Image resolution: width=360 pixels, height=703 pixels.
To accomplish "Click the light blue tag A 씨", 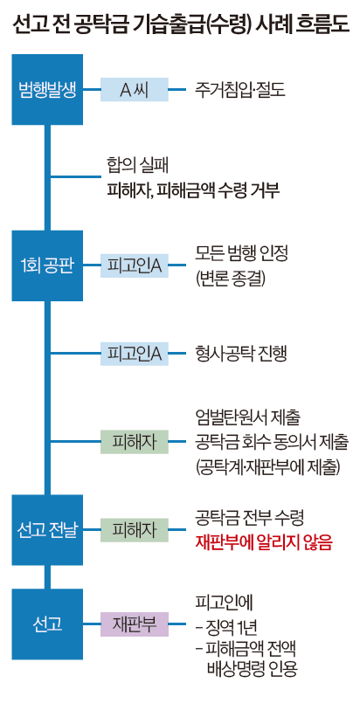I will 134,89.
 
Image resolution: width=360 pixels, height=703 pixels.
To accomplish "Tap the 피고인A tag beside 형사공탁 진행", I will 134,354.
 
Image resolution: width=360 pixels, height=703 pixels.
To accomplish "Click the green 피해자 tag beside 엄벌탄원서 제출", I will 134,442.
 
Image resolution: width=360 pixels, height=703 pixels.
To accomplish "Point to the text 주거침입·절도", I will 241,89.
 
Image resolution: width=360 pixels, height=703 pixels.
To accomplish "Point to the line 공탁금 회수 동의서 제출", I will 272,442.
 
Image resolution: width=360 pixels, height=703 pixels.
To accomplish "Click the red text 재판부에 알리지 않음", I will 264,542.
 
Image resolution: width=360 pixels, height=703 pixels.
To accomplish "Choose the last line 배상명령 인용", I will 252,670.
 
